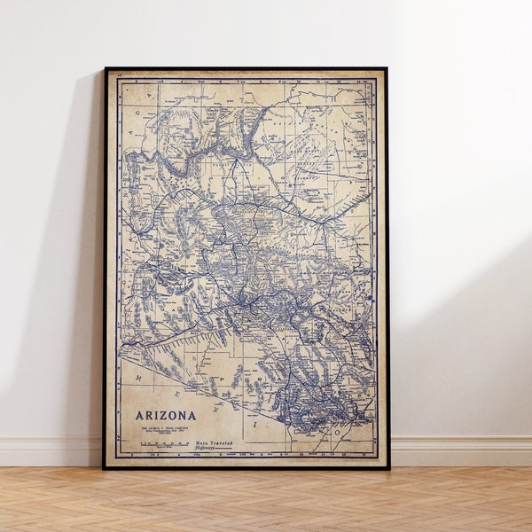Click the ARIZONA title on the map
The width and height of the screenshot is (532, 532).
166,414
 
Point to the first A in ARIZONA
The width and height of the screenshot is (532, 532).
140,414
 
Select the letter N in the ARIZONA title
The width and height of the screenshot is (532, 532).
183,414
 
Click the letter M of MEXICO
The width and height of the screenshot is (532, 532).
139,377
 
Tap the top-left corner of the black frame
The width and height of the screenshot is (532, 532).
105,69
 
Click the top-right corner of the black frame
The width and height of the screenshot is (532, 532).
387,69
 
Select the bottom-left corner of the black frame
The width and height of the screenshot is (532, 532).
104,467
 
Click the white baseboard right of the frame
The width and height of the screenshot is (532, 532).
461,450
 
